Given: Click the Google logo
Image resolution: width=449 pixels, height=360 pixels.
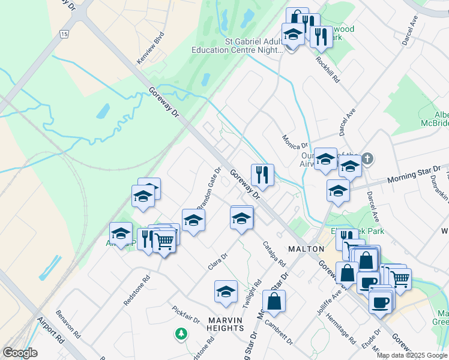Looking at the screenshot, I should tap(20, 353).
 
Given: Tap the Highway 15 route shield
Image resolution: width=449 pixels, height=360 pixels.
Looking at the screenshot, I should tap(64, 34).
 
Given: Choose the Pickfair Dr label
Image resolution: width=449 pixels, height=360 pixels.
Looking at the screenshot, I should tap(185, 313).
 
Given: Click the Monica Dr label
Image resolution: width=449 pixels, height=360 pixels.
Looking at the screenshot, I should tap(295, 141).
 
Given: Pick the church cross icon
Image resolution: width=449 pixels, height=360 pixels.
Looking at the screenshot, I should tap(367, 159).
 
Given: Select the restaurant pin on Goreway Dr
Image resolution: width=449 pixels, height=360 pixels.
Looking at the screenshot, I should tap(262, 175).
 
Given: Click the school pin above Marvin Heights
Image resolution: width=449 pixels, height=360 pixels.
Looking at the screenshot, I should tap(226, 292).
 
